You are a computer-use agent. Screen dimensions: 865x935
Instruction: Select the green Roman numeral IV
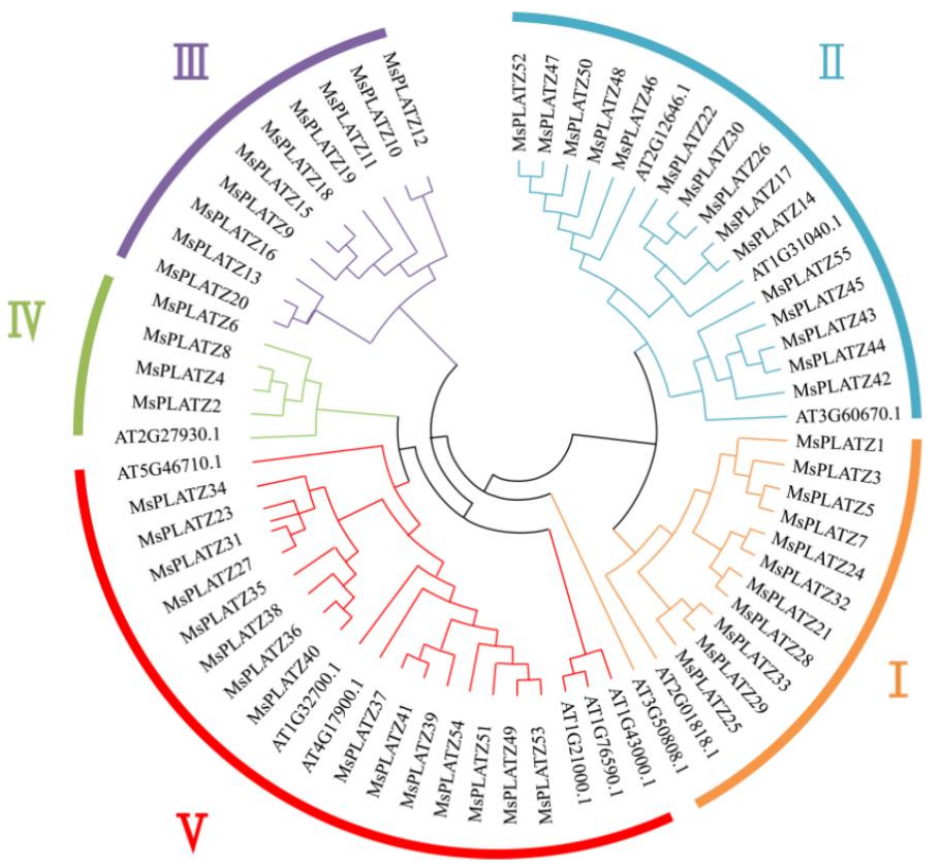pos(27,320)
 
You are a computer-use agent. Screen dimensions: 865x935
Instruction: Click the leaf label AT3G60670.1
pos(848,415)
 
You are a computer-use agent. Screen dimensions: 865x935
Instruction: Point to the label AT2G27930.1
pos(167,436)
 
